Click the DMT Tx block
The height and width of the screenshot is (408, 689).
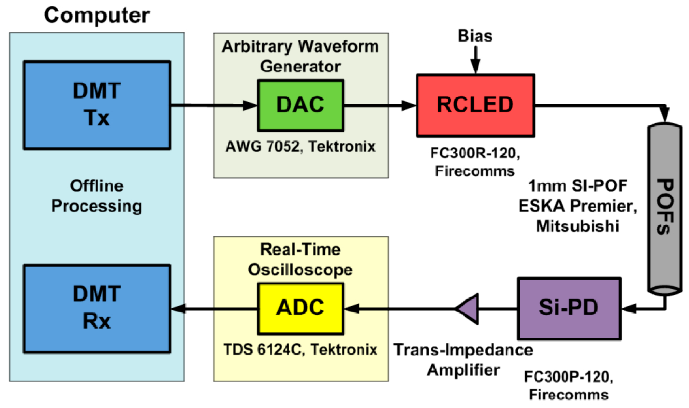[97, 105]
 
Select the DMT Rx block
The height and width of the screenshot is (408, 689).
[97, 308]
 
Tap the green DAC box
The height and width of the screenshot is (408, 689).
[300, 105]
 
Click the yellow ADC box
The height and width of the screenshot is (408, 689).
[300, 308]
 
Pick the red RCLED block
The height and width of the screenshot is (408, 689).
[475, 105]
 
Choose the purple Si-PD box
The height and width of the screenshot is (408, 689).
[569, 308]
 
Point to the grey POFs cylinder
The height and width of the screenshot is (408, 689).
[665, 208]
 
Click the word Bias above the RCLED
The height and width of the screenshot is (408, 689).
[475, 36]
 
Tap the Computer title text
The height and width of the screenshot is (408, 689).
[97, 15]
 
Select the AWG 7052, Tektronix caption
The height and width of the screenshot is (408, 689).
[300, 146]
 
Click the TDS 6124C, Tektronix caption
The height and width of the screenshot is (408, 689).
[300, 350]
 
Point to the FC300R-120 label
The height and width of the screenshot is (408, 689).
[475, 153]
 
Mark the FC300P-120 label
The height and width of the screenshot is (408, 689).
[569, 377]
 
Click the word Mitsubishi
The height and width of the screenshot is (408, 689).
[578, 226]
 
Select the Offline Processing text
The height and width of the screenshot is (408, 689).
[97, 196]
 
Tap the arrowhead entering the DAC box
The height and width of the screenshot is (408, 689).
[249, 105]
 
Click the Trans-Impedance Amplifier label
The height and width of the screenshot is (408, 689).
[463, 360]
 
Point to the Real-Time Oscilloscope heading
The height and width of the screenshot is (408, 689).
[300, 260]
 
